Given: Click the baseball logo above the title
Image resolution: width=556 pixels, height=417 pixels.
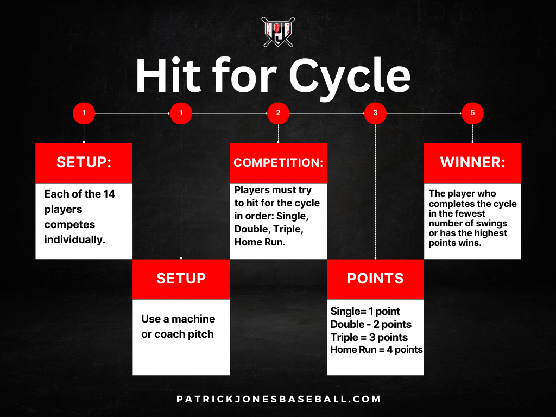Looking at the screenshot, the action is [x=278, y=31].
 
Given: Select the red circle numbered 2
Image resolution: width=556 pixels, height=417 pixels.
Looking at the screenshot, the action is [x=278, y=113].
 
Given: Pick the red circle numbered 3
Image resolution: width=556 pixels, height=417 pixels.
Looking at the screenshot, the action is [x=375, y=113].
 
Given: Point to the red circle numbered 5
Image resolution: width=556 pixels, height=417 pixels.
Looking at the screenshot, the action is [x=472, y=113].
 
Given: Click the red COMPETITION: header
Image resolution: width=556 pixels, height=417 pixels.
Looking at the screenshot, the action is [x=278, y=163].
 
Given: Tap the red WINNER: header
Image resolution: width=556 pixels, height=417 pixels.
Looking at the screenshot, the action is [x=472, y=163].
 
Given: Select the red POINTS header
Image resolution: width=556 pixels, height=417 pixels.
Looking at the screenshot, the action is [x=375, y=279].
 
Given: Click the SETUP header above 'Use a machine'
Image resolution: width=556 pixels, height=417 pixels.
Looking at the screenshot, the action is [x=181, y=279].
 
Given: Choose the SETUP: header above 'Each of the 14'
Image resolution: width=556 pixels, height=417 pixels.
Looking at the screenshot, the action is [x=84, y=163].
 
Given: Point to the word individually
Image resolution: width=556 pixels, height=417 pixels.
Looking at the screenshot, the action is [x=74, y=239].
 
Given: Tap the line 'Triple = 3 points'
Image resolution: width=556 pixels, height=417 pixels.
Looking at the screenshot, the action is [x=369, y=337].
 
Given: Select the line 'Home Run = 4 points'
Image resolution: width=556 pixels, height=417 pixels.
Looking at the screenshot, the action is [x=376, y=350].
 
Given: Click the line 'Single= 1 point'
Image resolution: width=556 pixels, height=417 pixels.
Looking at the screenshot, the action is [x=365, y=312].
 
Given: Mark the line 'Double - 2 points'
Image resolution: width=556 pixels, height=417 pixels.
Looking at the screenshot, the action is [x=371, y=325].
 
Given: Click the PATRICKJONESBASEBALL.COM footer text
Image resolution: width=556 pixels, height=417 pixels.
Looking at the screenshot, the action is [x=279, y=399].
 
